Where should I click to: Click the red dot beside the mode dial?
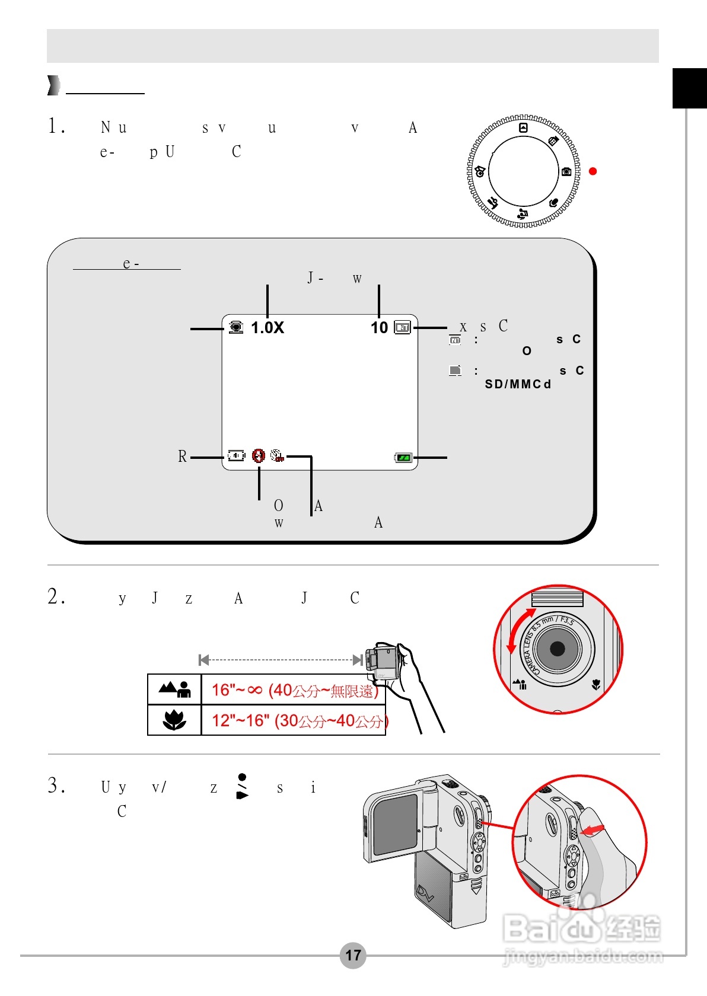[593, 171]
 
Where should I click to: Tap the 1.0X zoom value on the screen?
[267, 328]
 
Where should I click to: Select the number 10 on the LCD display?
[379, 328]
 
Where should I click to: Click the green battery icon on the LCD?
[403, 458]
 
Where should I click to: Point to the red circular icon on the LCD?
[258, 455]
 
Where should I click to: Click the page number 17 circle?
[353, 955]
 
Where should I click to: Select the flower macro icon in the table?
[174, 720]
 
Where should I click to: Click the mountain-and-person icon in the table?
[174, 689]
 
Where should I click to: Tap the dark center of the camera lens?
[558, 649]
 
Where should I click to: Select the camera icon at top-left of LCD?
[235, 327]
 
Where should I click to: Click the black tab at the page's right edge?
[689, 88]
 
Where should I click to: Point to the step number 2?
[56, 596]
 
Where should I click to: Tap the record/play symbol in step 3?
[242, 786]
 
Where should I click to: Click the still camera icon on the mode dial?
[566, 171]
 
